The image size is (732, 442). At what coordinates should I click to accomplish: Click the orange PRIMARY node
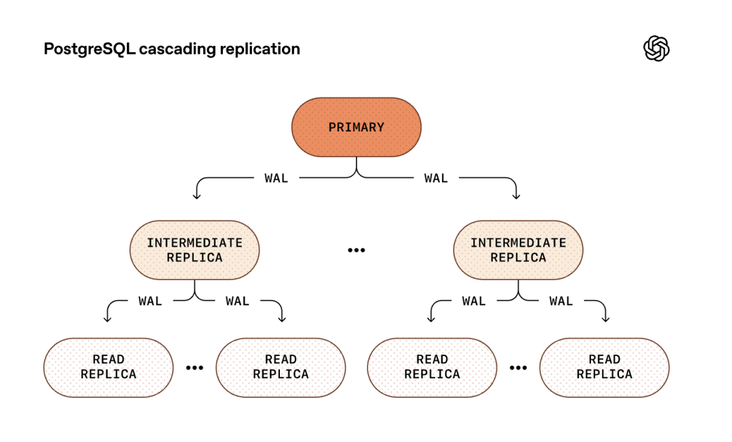(356, 127)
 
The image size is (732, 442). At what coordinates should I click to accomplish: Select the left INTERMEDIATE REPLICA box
(195, 250)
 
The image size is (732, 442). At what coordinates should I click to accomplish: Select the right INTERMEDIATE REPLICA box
(518, 250)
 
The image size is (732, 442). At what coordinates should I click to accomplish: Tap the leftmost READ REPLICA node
(108, 367)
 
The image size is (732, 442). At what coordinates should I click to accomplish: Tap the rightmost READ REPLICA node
(604, 367)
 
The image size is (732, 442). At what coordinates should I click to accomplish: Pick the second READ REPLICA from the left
(281, 367)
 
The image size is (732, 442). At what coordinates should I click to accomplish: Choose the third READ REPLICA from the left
(432, 367)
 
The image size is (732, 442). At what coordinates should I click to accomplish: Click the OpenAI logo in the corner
(655, 49)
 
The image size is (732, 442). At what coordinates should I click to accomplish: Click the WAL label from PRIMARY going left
(276, 178)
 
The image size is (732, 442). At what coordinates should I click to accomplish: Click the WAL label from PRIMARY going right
(436, 178)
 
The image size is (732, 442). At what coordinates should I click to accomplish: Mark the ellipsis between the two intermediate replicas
(356, 250)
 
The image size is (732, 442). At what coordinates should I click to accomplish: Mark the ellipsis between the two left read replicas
(195, 368)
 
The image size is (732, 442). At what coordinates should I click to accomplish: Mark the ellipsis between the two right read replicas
(518, 368)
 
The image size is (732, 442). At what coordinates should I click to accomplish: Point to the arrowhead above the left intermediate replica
(197, 196)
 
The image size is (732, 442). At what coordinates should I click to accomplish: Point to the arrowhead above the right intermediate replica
(516, 196)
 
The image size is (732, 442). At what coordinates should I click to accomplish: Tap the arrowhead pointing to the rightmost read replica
(605, 318)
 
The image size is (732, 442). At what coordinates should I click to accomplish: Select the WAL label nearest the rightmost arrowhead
(561, 301)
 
